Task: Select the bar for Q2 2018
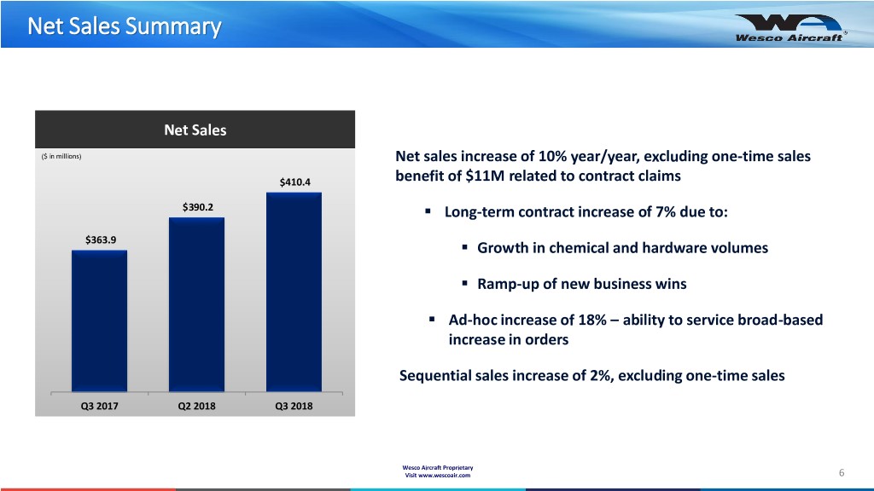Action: pos(196,304)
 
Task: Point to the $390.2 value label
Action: pos(198,206)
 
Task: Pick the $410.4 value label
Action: pos(295,182)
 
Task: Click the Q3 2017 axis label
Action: pos(99,406)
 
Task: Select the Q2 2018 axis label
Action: pos(196,406)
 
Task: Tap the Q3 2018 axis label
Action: pos(294,406)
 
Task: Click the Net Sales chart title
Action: pos(195,130)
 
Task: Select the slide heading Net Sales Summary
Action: pos(123,27)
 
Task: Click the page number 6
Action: pos(842,473)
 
